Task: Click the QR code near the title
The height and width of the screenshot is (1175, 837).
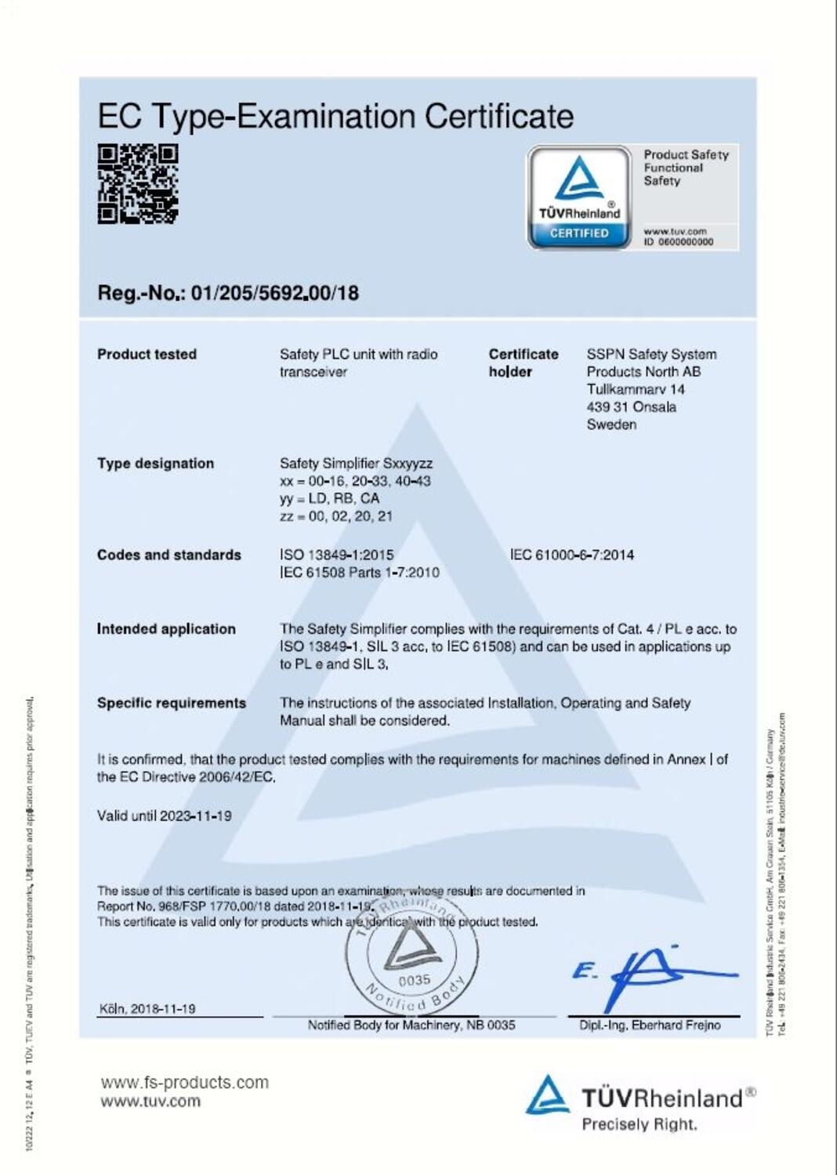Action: click(138, 184)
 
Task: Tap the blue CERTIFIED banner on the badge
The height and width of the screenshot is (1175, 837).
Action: click(579, 233)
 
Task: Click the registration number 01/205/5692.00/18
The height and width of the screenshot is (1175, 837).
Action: click(274, 293)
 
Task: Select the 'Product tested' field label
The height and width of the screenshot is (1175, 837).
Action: click(147, 354)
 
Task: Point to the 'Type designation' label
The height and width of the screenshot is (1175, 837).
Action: click(155, 463)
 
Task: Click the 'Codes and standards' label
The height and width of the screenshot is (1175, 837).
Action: click(168, 555)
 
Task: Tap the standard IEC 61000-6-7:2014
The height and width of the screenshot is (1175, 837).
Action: click(572, 555)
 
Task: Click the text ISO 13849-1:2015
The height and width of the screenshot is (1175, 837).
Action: click(337, 555)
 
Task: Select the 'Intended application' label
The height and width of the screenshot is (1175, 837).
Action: click(165, 629)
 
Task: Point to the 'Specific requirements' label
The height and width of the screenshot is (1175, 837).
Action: click(171, 703)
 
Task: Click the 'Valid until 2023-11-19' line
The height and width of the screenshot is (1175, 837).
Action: click(164, 815)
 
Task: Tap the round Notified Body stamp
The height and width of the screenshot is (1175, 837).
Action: click(412, 956)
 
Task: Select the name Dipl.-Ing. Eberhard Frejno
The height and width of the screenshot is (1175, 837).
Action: click(650, 1025)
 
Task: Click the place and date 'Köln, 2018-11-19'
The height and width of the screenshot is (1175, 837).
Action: click(147, 1009)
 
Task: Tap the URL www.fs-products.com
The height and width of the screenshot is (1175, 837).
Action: click(184, 1082)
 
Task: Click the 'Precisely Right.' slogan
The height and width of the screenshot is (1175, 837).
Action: click(639, 1124)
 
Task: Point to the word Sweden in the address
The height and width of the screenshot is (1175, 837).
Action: click(611, 425)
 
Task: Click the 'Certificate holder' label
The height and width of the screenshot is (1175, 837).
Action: click(523, 363)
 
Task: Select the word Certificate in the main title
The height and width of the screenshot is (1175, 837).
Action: click(499, 117)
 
